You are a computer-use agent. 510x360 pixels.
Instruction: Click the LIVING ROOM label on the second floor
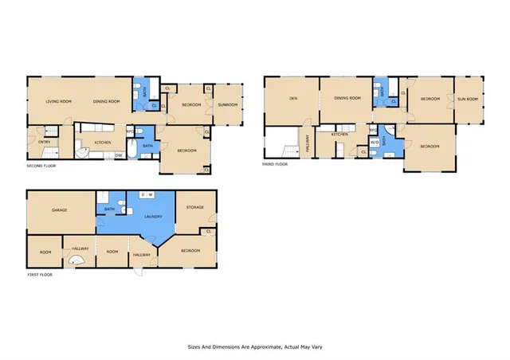click(x=59, y=101)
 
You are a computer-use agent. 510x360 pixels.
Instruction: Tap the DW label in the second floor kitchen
click(x=118, y=155)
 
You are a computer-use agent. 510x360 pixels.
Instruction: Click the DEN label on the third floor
click(x=292, y=99)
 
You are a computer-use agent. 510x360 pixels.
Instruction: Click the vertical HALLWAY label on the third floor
click(x=308, y=143)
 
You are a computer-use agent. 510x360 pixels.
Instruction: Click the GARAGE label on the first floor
click(x=59, y=210)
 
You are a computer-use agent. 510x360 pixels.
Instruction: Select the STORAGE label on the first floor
click(x=195, y=208)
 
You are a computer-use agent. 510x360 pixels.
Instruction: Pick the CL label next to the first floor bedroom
click(x=208, y=232)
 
